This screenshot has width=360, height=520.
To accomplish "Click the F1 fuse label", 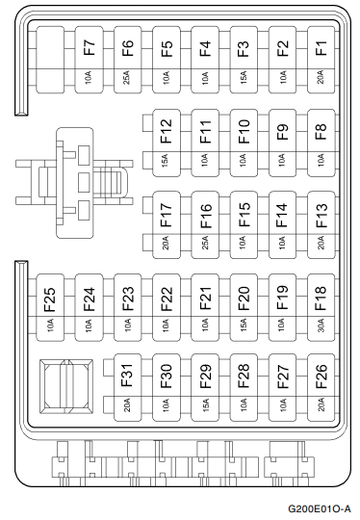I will [321, 47].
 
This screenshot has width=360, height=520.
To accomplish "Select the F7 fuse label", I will [89, 47].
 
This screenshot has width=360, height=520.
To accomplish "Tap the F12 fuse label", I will [166, 128].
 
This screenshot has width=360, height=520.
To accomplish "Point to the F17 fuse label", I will [166, 211].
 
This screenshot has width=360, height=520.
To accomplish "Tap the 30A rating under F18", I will [321, 326].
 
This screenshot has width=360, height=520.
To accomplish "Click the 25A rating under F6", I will [127, 76].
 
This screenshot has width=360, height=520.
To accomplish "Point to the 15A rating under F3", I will [244, 76].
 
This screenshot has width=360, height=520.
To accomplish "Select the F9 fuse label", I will [282, 128].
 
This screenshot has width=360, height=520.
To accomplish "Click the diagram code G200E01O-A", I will [319, 507].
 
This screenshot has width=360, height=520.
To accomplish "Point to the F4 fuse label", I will [204, 47].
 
